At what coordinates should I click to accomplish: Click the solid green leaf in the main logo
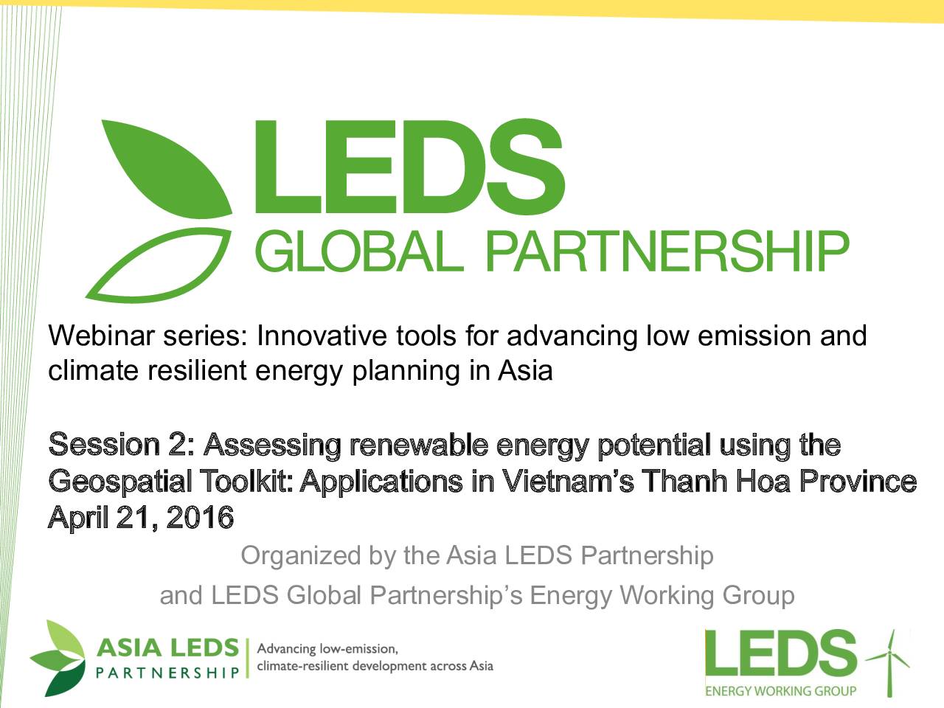[x=172, y=172]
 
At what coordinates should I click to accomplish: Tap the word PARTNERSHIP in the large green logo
[x=669, y=251]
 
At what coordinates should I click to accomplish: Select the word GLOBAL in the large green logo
[x=361, y=251]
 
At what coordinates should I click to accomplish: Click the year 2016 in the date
[x=200, y=518]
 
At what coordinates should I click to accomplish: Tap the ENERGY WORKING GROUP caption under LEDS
[x=780, y=691]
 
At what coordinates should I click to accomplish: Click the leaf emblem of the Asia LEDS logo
[x=58, y=658]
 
